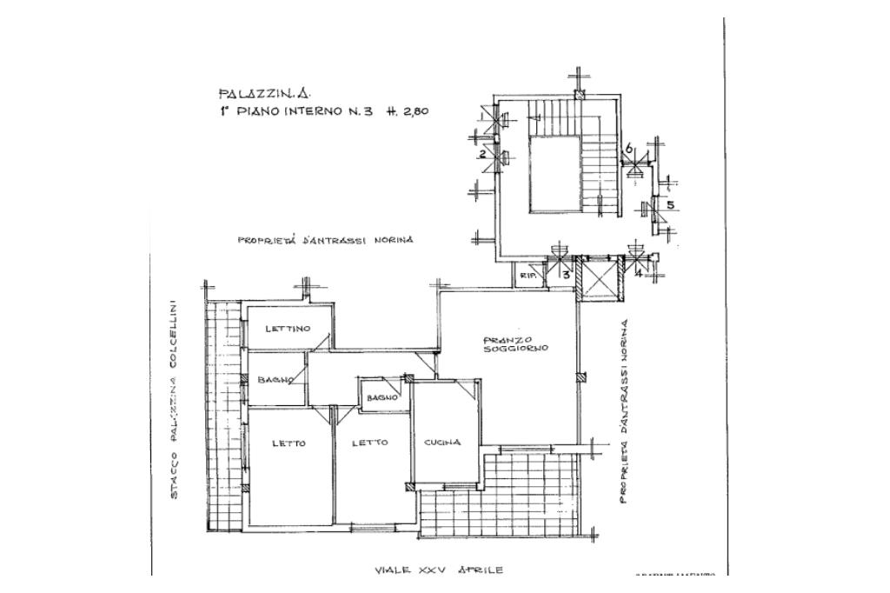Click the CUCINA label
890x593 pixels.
tap(442, 443)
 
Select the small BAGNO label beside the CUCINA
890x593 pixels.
tap(382, 397)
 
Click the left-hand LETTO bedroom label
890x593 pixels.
tap(289, 443)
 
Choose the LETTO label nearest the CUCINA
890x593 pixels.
tap(370, 443)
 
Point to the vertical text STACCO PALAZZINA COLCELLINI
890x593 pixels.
tap(174, 399)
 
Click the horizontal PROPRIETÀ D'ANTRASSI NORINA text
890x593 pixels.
tap(325, 239)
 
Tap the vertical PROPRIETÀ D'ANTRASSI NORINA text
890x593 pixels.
tap(623, 410)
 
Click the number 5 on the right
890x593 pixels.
tap(670, 205)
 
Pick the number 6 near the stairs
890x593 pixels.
tap(628, 149)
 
